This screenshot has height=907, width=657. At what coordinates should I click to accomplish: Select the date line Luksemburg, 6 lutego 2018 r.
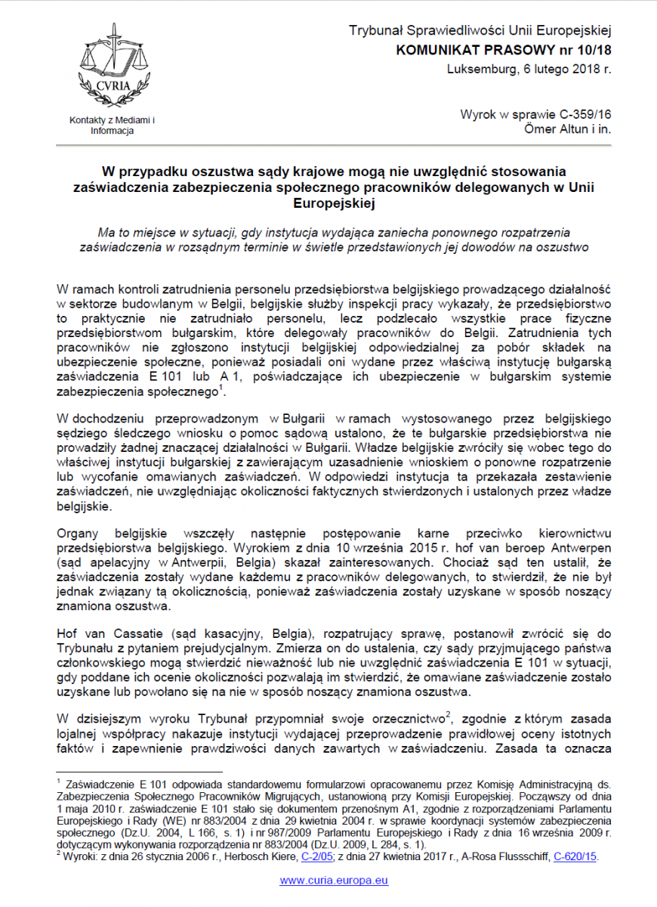529,70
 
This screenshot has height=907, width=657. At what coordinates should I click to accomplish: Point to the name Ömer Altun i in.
567,129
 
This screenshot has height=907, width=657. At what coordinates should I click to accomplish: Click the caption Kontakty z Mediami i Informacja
112,125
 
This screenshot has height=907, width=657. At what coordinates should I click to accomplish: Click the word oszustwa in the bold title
227,172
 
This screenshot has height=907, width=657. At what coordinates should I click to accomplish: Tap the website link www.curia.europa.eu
334,881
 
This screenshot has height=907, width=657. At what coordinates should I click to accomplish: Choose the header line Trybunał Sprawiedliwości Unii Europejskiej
480,31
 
